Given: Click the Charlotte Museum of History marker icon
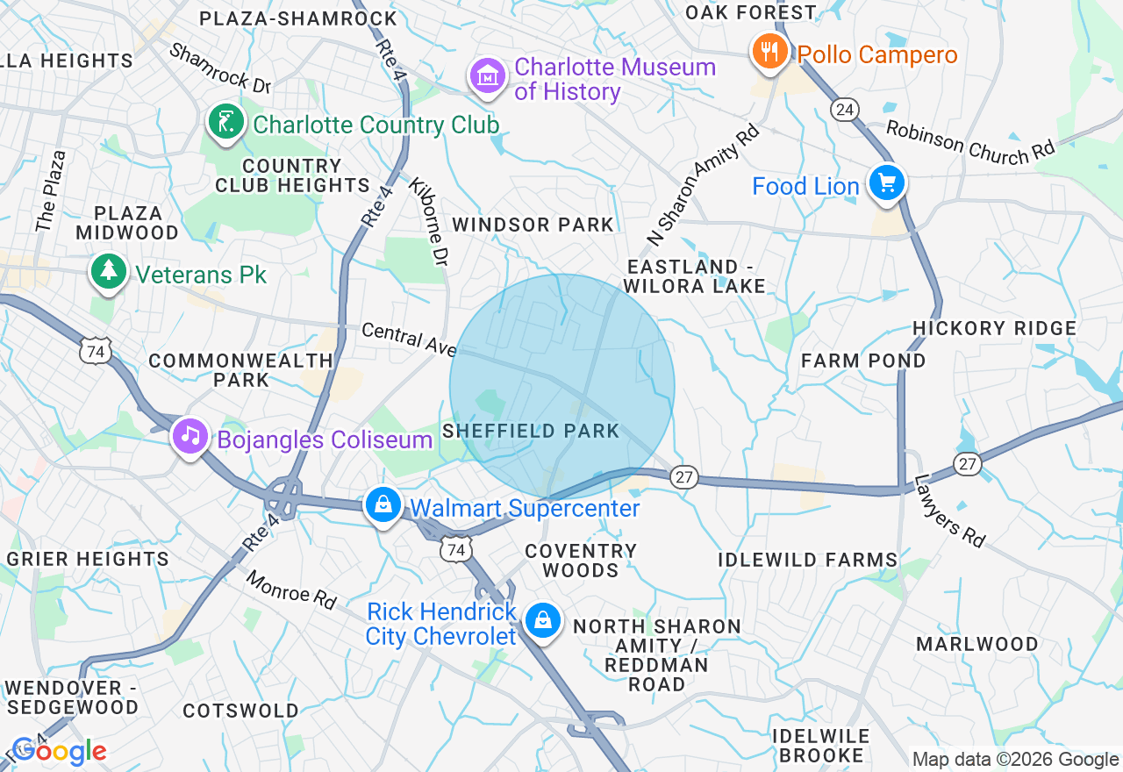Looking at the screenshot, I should coord(489,77).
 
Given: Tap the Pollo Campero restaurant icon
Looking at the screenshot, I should coord(769,54).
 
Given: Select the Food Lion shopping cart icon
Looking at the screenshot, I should coord(886,183).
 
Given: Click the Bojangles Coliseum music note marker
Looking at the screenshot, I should coord(190,436).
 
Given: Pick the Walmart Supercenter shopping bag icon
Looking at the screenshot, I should coord(383,506).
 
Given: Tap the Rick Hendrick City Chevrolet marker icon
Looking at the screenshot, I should coord(542,621).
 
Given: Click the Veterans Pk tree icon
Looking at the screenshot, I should coord(108,271).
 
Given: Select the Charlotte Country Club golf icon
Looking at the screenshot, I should coord(225,123).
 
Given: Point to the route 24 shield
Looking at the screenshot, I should coord(844,109).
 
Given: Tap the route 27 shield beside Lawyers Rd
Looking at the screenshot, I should coord(968,464).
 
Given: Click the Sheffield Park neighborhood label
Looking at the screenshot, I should coord(531,432).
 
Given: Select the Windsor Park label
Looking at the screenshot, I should coord(533,225).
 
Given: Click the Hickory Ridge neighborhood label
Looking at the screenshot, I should coord(994,328).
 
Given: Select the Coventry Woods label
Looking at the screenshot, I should coord(580,561).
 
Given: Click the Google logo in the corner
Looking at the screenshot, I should coord(59,752).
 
